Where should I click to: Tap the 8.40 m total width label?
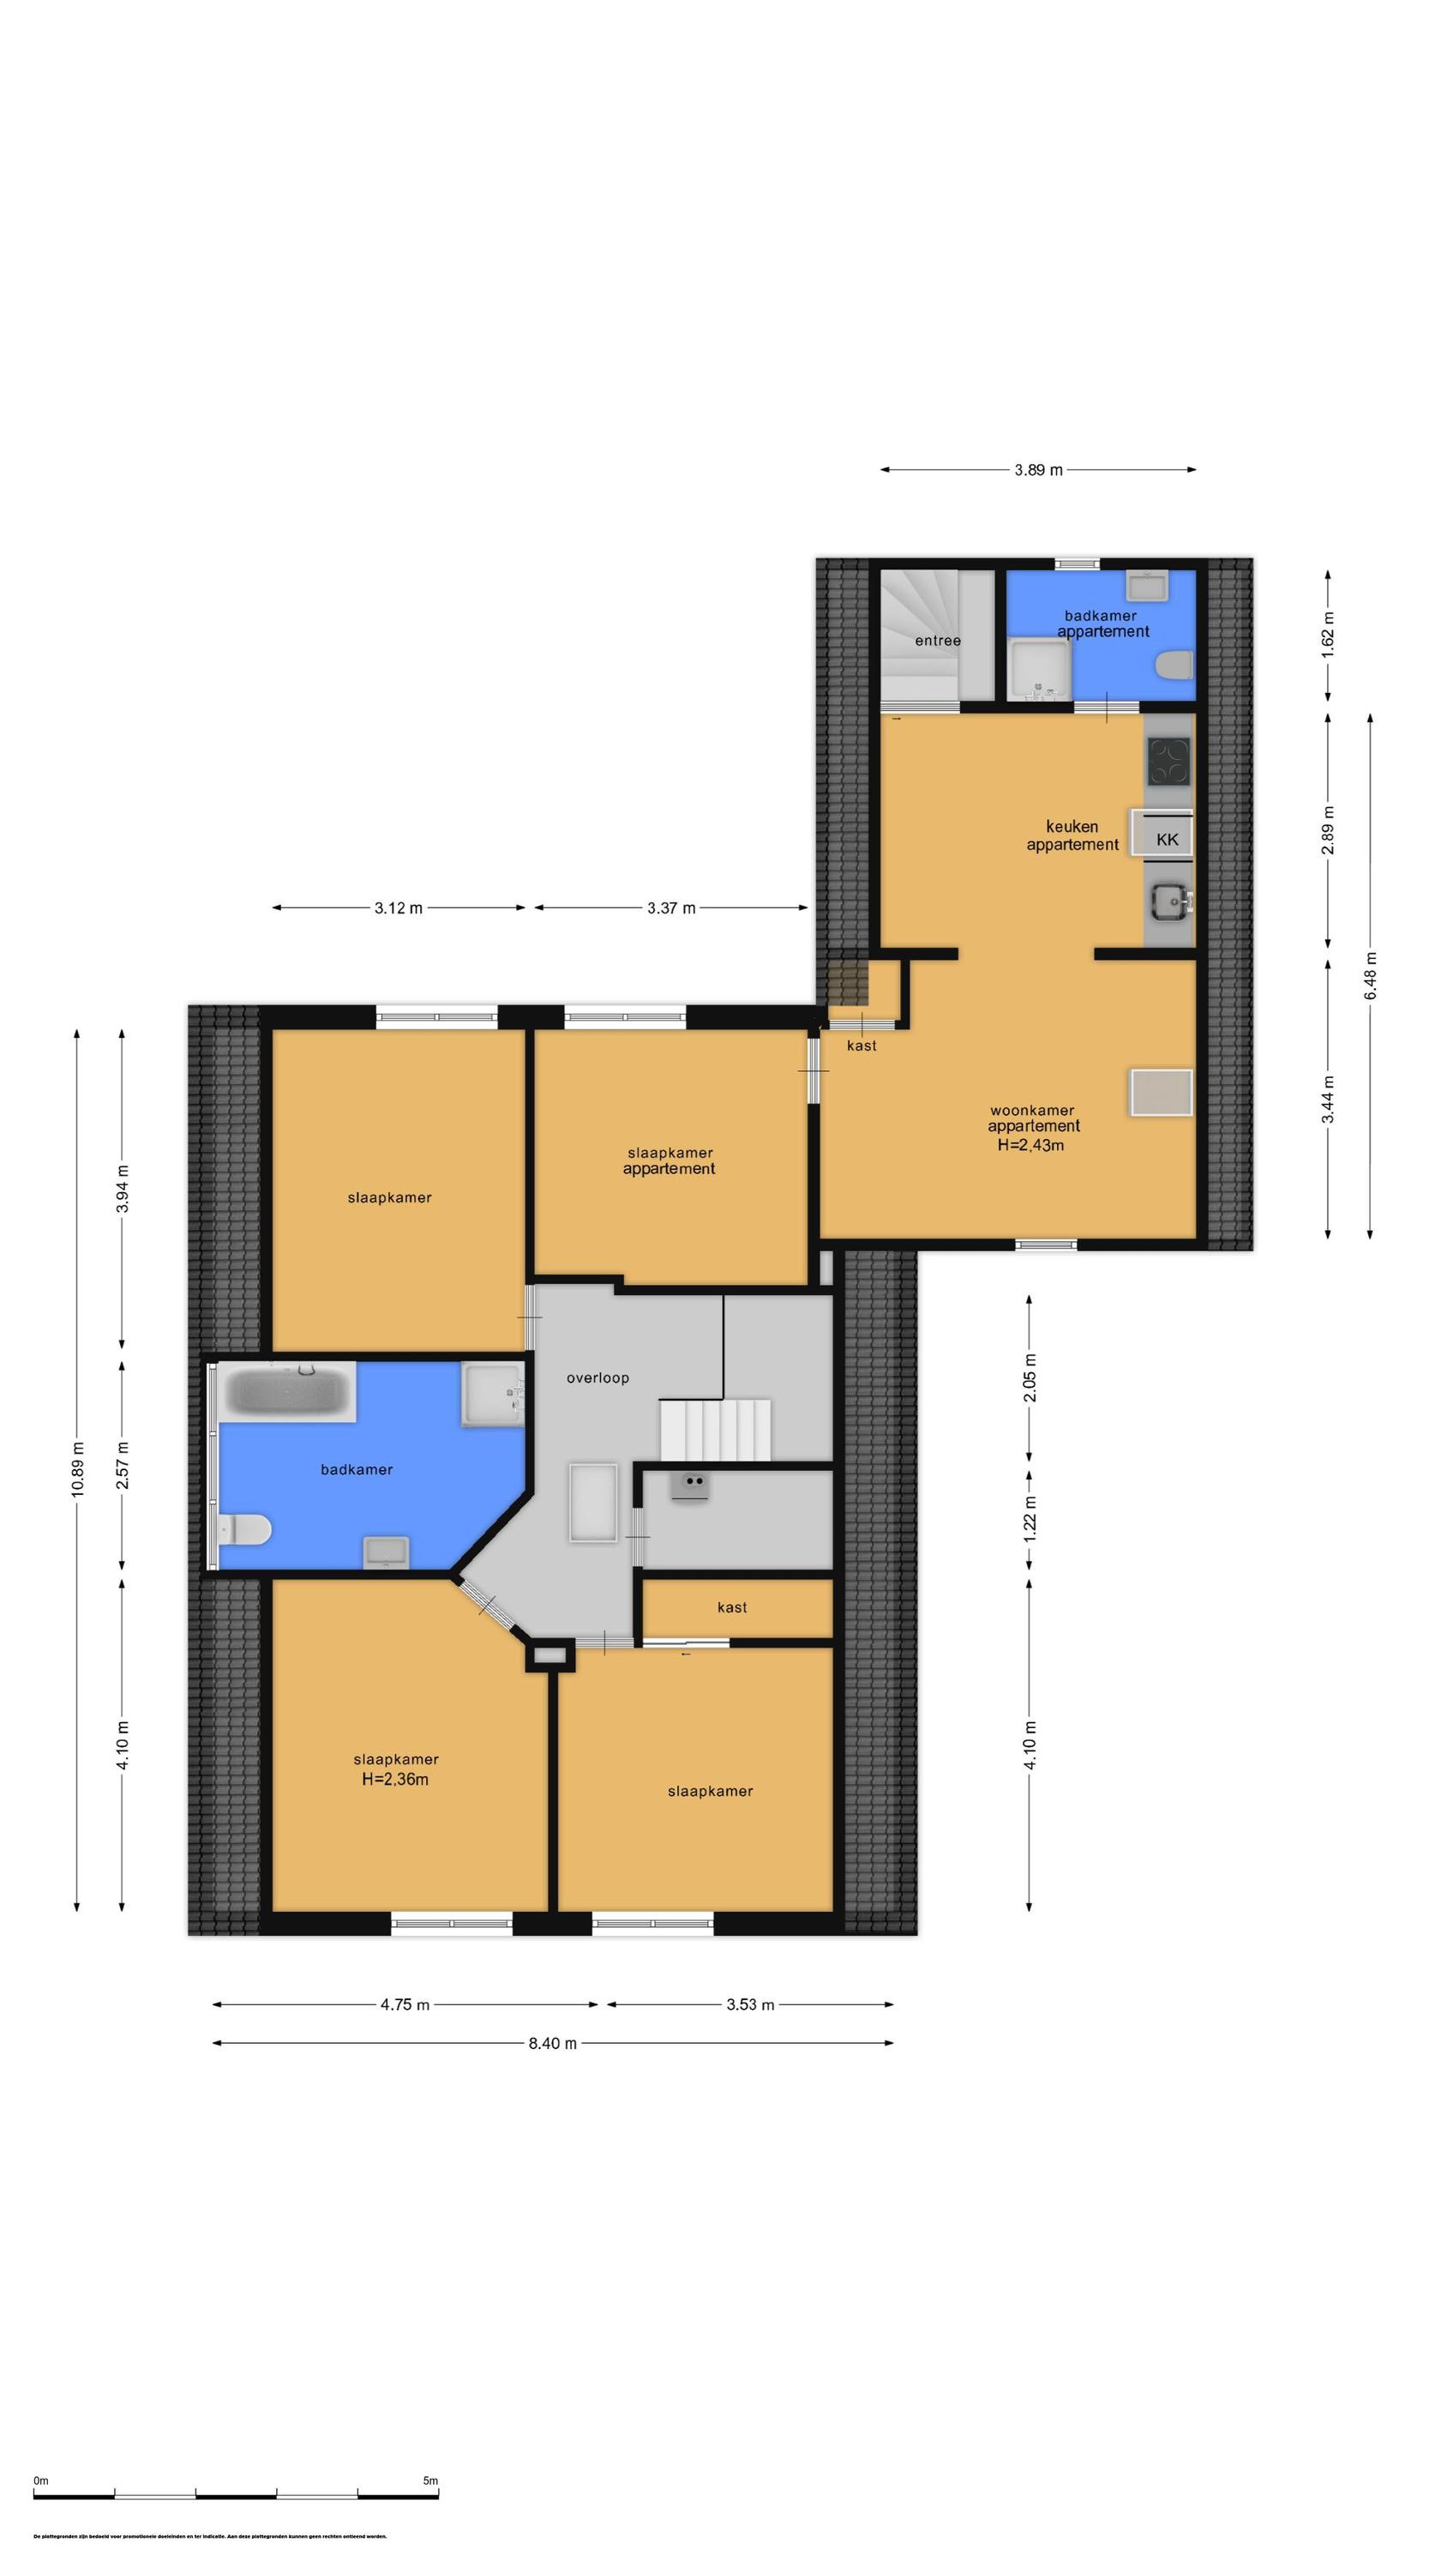tap(552, 2043)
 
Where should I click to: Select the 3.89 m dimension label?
tap(1037, 469)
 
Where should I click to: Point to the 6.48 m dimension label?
tap(1370, 973)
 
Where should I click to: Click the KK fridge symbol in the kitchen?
tap(1165, 839)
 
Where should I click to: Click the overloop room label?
tap(597, 1377)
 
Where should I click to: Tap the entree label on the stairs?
tap(938, 641)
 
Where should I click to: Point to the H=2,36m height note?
tap(395, 1779)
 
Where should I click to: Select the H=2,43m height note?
tap(1030, 1145)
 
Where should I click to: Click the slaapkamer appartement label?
tap(669, 1160)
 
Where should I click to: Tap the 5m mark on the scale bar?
tap(430, 2480)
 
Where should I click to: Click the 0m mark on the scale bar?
tap(41, 2480)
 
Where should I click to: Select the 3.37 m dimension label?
tap(670, 908)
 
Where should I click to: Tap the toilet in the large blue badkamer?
tap(244, 1529)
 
